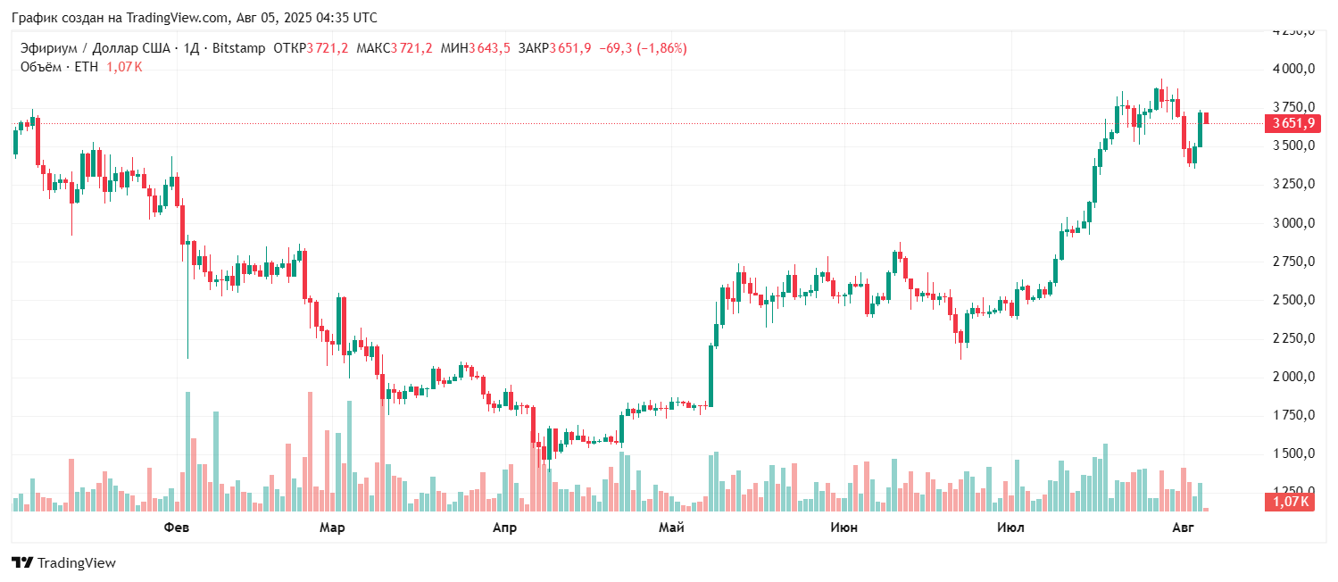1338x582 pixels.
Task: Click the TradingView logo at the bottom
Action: [63, 563]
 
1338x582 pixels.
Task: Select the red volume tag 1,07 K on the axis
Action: [1290, 502]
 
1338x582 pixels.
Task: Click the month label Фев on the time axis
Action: [177, 528]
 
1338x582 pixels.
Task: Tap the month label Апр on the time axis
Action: [504, 528]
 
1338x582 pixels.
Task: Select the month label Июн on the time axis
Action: [844, 528]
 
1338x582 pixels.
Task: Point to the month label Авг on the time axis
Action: [1183, 528]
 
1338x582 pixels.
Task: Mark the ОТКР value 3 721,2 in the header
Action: [328, 48]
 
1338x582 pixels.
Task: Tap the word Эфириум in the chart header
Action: [47, 48]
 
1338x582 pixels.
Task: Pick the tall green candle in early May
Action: [711, 376]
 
